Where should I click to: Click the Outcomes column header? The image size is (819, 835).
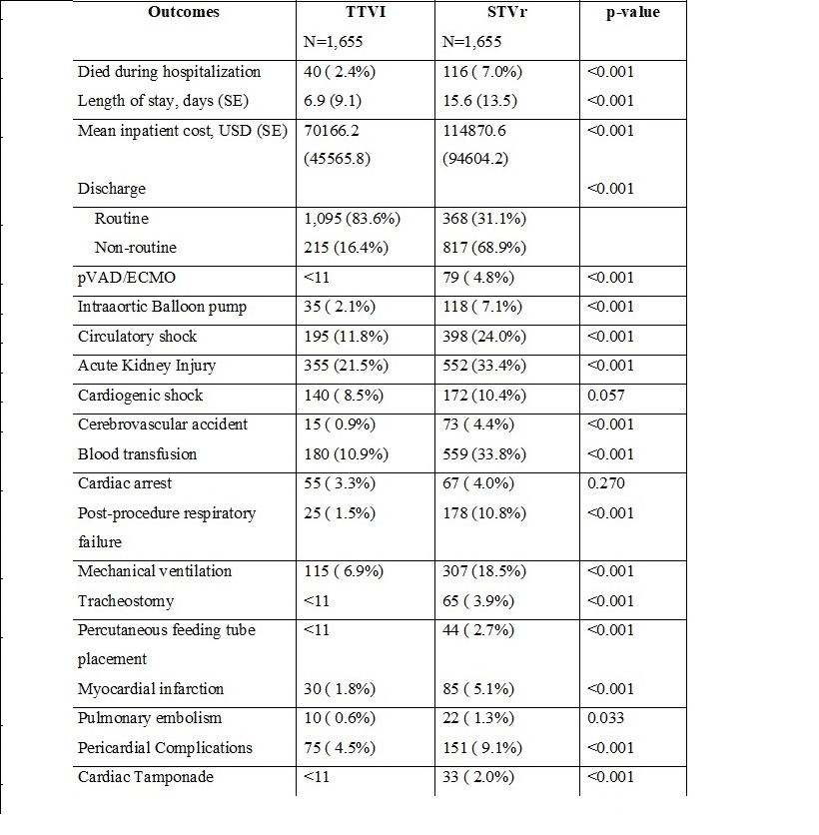click(183, 13)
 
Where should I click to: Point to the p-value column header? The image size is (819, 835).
click(633, 13)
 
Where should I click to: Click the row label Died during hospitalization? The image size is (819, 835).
click(169, 72)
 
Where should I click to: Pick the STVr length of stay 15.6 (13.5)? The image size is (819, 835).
click(482, 101)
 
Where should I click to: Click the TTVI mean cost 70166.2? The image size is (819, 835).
click(333, 130)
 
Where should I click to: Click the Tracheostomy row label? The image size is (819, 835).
click(126, 600)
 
